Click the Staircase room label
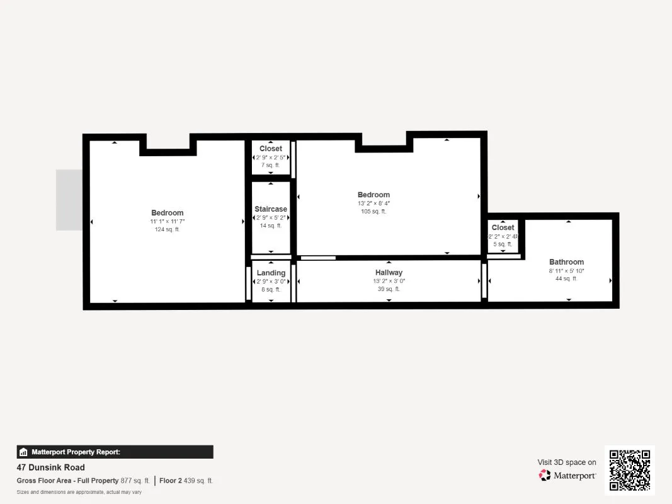271,209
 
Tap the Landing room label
271,273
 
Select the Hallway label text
389,273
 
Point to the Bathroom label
567,262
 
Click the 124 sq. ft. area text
167,229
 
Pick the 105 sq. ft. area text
373,211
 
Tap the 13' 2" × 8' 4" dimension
373,203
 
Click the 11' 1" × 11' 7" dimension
167,221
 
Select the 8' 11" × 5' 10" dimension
567,270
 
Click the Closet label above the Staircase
271,149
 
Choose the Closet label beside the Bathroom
503,227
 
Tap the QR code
630,470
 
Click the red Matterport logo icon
545,475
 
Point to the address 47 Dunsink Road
50,467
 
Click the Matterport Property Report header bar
115,452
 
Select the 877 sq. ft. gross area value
135,481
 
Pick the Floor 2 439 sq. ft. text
186,481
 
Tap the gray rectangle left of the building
69,200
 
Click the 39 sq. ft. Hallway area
389,289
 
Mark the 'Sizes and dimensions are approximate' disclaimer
79,492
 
